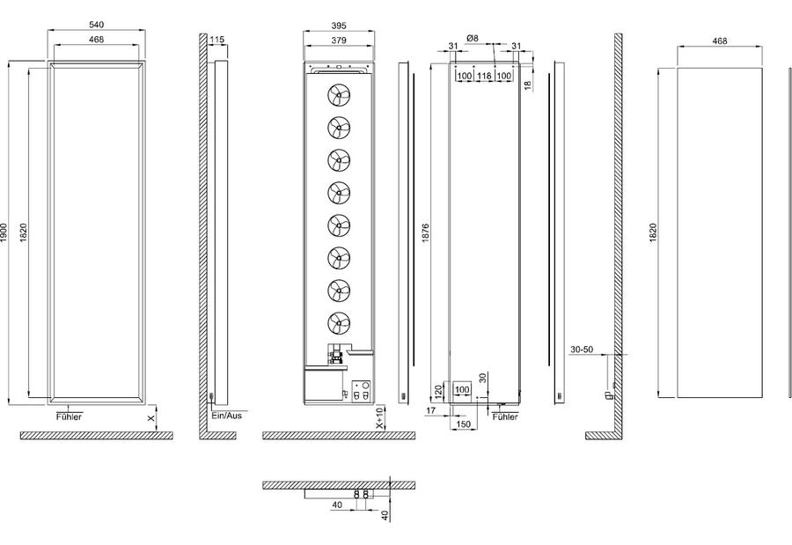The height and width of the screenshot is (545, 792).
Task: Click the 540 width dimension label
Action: click(x=96, y=25)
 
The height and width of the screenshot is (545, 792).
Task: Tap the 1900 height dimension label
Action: click(x=4, y=232)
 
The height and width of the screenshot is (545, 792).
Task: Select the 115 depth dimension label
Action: click(x=216, y=40)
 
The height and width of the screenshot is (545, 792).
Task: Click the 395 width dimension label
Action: click(x=339, y=26)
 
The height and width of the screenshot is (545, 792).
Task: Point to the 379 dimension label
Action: click(x=339, y=40)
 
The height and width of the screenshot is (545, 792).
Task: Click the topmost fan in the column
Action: click(x=339, y=95)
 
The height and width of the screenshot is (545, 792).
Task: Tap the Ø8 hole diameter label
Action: click(x=473, y=38)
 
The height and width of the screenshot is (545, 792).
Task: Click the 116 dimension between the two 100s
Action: click(x=484, y=76)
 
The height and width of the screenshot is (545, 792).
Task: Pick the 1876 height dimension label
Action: click(x=425, y=232)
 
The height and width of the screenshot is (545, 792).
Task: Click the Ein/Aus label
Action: click(x=227, y=415)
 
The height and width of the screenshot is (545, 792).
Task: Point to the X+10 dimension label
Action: click(x=380, y=418)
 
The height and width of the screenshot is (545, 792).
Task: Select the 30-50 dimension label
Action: click(x=582, y=350)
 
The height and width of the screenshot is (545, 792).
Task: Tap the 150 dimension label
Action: click(x=463, y=424)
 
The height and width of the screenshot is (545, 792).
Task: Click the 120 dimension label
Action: click(x=438, y=389)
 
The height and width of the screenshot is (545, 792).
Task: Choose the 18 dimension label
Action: click(x=528, y=85)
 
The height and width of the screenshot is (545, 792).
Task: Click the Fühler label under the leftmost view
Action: click(x=69, y=416)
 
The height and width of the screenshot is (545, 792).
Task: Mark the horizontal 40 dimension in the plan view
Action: click(x=337, y=504)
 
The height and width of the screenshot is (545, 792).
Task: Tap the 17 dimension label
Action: click(x=430, y=410)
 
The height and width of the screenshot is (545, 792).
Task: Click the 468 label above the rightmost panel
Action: click(x=720, y=41)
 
